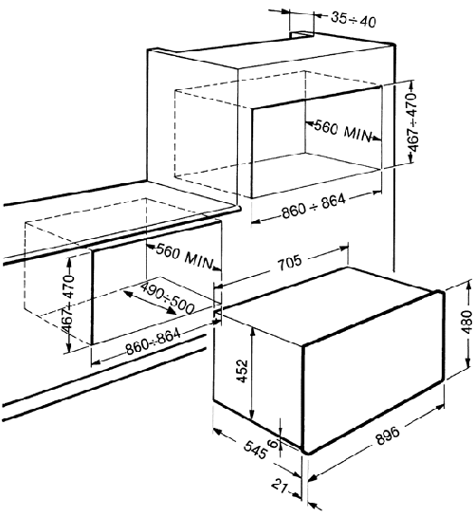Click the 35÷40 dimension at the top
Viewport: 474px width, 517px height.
pyautogui.click(x=353, y=20)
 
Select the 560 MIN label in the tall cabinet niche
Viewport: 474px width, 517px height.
pyautogui.click(x=342, y=131)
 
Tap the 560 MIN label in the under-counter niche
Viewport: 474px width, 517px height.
pyautogui.click(x=184, y=256)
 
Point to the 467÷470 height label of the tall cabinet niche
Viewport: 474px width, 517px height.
pyautogui.click(x=414, y=122)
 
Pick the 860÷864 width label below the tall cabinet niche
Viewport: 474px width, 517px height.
pyautogui.click(x=313, y=207)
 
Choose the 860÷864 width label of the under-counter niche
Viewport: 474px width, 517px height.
pyautogui.click(x=154, y=342)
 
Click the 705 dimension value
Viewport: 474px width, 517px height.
pyautogui.click(x=290, y=263)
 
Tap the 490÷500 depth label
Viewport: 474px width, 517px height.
pyautogui.click(x=168, y=299)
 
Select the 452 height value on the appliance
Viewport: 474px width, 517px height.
pyautogui.click(x=243, y=371)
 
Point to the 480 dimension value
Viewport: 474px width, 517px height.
pyautogui.click(x=467, y=322)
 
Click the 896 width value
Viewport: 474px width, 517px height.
pyautogui.click(x=388, y=435)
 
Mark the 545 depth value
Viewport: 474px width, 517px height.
pyautogui.click(x=255, y=449)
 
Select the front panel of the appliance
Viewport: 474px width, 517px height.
pyautogui.click(x=374, y=371)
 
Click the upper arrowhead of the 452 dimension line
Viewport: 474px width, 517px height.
pyautogui.click(x=252, y=330)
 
